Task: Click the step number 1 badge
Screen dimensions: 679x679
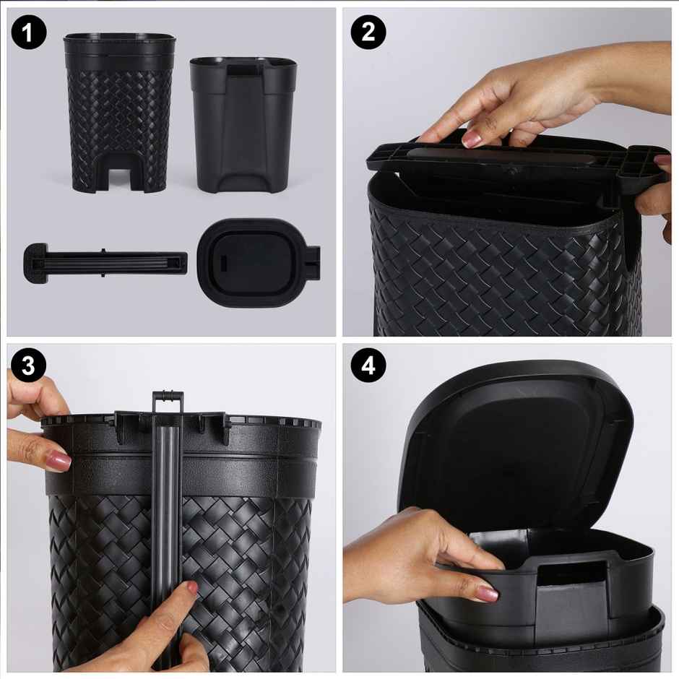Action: [29, 33]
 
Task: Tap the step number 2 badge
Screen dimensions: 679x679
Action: [368, 33]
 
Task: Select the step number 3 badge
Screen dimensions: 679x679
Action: [29, 367]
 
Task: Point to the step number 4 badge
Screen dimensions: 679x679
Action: [368, 367]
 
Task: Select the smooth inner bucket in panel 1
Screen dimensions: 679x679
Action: [243, 123]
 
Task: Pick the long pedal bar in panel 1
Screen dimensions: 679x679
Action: [108, 262]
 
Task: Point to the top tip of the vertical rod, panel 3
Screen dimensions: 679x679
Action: [168, 397]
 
